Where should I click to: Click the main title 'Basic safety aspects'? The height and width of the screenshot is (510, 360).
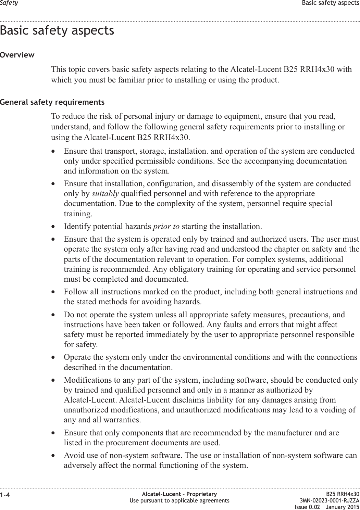57,30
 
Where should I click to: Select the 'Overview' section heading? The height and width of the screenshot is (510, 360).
17,55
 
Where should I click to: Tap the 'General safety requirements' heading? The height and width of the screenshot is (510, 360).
52,102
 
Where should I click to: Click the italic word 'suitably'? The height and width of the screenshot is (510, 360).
105,194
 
